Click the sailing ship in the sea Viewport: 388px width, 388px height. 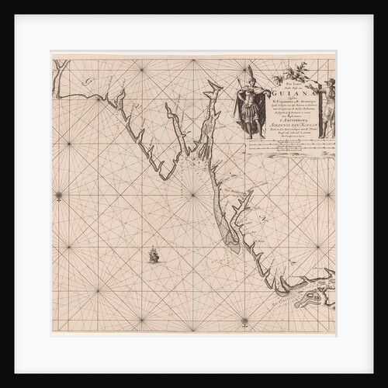point(154,254)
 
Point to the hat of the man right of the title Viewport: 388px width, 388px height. point(329,81)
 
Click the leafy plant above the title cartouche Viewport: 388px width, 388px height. point(298,71)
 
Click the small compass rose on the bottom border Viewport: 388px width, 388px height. point(244,320)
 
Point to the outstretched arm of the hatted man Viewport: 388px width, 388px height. point(319,96)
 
